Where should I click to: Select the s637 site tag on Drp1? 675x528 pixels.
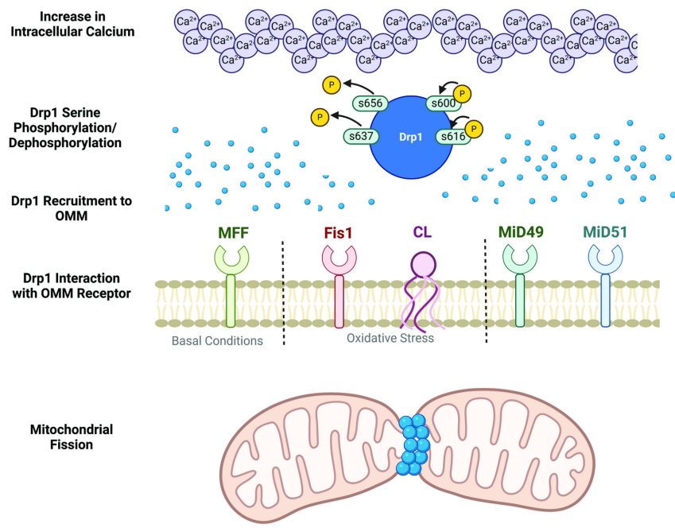pos(360,136)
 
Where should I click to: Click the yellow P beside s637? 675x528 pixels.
pos(320,118)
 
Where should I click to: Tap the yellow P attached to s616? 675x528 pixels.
pos(474,128)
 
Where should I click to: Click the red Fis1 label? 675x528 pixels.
pos(339,235)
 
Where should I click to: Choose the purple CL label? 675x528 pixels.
pos(422,235)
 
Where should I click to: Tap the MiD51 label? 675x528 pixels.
pos(605,235)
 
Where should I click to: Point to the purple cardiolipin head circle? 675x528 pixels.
pos(422,262)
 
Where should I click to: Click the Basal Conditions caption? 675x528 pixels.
pos(217,340)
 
